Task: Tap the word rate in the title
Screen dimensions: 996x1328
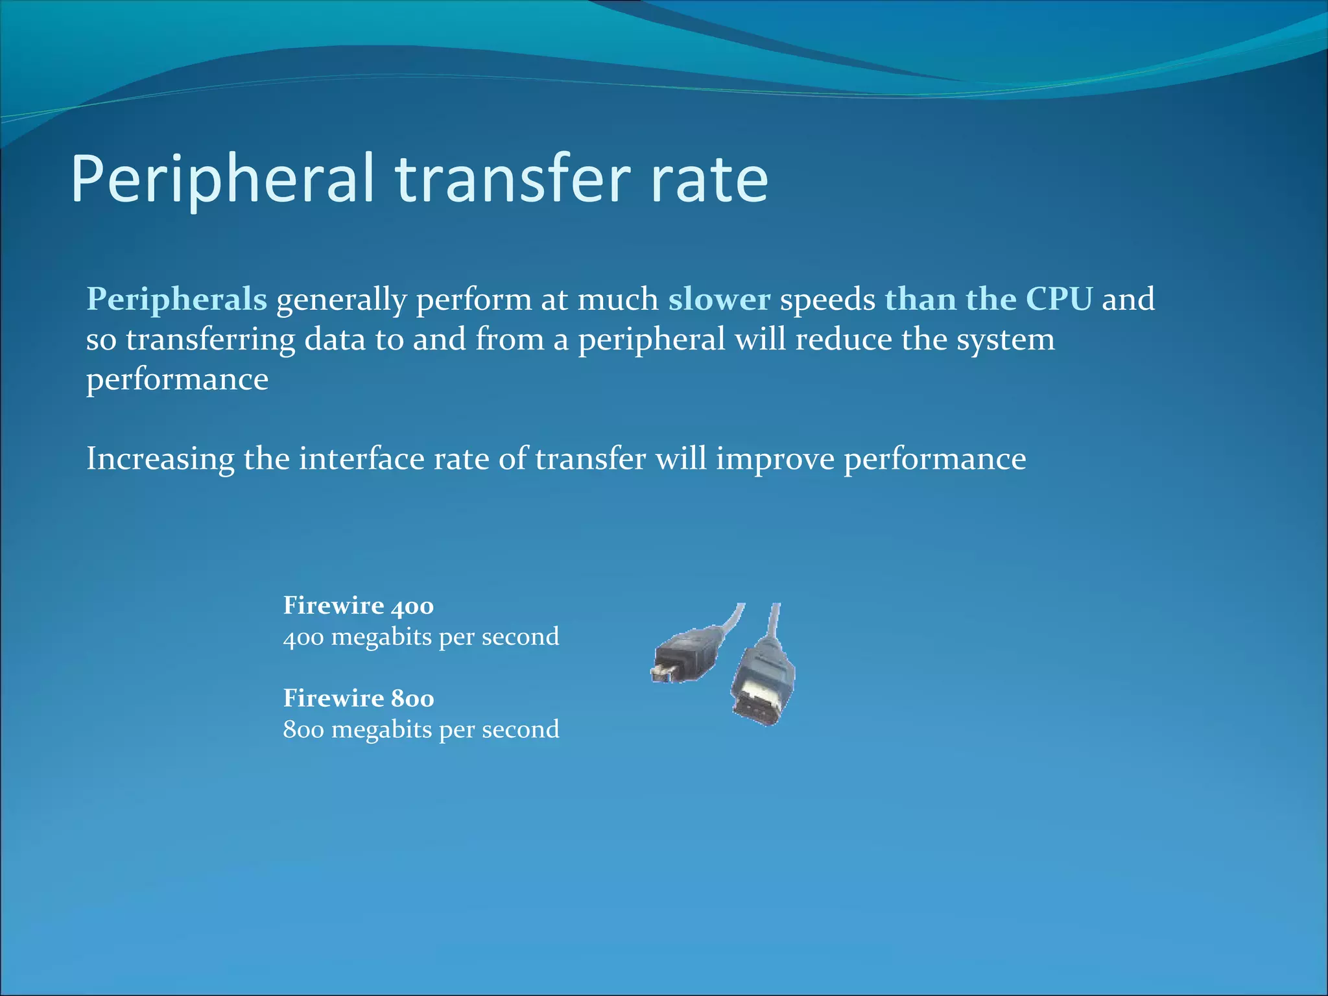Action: tap(709, 178)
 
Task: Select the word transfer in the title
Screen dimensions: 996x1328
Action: tap(512, 178)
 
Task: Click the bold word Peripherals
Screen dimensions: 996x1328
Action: tap(176, 300)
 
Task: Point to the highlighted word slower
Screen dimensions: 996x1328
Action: tap(719, 300)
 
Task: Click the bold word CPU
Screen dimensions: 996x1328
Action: tap(1059, 300)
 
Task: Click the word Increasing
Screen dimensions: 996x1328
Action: tap(160, 460)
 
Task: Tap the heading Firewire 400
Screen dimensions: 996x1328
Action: tap(358, 606)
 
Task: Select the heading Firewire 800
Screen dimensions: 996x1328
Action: tap(358, 698)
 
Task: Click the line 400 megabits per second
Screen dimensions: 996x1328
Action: tap(421, 637)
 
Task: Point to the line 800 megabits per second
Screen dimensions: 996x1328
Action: tap(421, 729)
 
